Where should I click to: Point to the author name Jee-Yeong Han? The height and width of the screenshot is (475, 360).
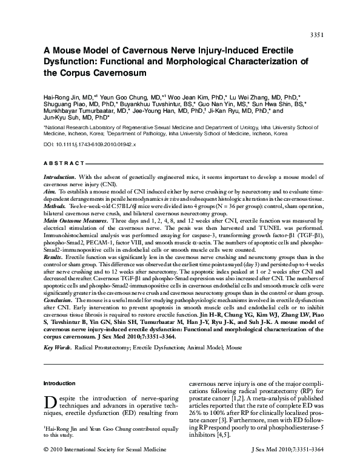[162, 112]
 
